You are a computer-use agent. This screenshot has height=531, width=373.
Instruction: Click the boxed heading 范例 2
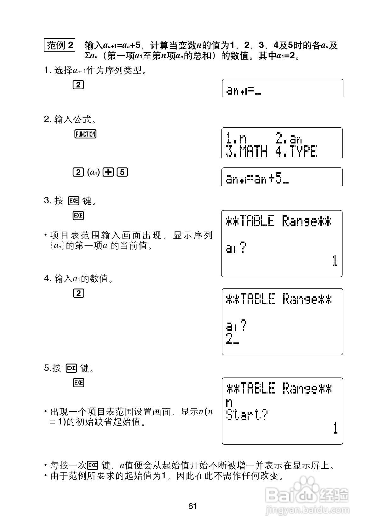pos(60,45)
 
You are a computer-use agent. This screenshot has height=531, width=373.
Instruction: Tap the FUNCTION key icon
pos(85,134)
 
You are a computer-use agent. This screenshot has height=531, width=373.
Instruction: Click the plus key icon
pos(109,172)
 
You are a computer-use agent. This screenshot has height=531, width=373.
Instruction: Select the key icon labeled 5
pos(123,172)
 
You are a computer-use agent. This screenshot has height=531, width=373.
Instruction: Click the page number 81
pos(192,506)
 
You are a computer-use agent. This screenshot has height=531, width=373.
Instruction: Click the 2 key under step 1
pos(78,85)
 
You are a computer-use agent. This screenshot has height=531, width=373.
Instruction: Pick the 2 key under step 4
pos(78,293)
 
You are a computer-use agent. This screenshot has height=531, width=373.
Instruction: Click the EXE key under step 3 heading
pos(78,216)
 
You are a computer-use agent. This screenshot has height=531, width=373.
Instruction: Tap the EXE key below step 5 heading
pos(78,383)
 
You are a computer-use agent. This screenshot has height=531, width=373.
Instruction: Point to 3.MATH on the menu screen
pos(247,152)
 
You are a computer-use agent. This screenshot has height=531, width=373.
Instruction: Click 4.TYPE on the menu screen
pos(296,152)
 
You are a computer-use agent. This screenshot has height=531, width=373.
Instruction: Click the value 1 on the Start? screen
pos(336,428)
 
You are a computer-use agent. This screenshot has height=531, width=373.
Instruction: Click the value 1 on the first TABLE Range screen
pos(335,261)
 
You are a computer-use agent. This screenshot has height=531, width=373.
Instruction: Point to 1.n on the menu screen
pos(237,138)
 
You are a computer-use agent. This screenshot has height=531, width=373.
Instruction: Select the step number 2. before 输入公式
pos(48,120)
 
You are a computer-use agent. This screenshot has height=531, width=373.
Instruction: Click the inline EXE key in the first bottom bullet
pos(93,465)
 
